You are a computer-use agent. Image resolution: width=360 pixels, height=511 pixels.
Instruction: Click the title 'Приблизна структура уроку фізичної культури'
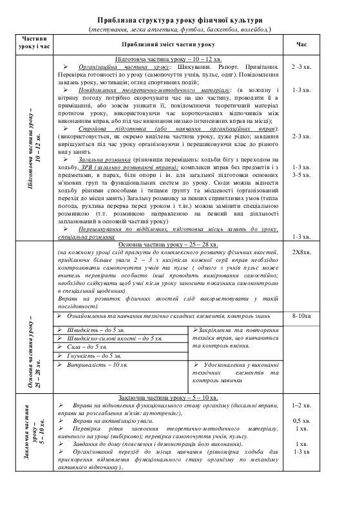180,21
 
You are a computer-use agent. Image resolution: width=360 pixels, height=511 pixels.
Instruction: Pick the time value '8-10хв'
302,317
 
